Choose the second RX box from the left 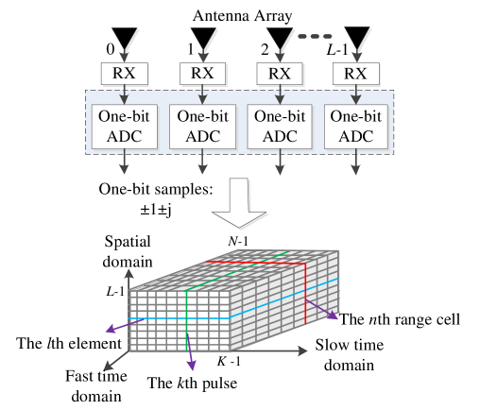pyautogui.click(x=202, y=74)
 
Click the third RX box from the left pyautogui.click(x=280, y=74)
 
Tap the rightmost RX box pyautogui.click(x=356, y=74)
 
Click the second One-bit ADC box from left pyautogui.click(x=202, y=127)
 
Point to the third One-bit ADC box pyautogui.click(x=280, y=127)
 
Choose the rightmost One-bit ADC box pyautogui.click(x=356, y=127)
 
